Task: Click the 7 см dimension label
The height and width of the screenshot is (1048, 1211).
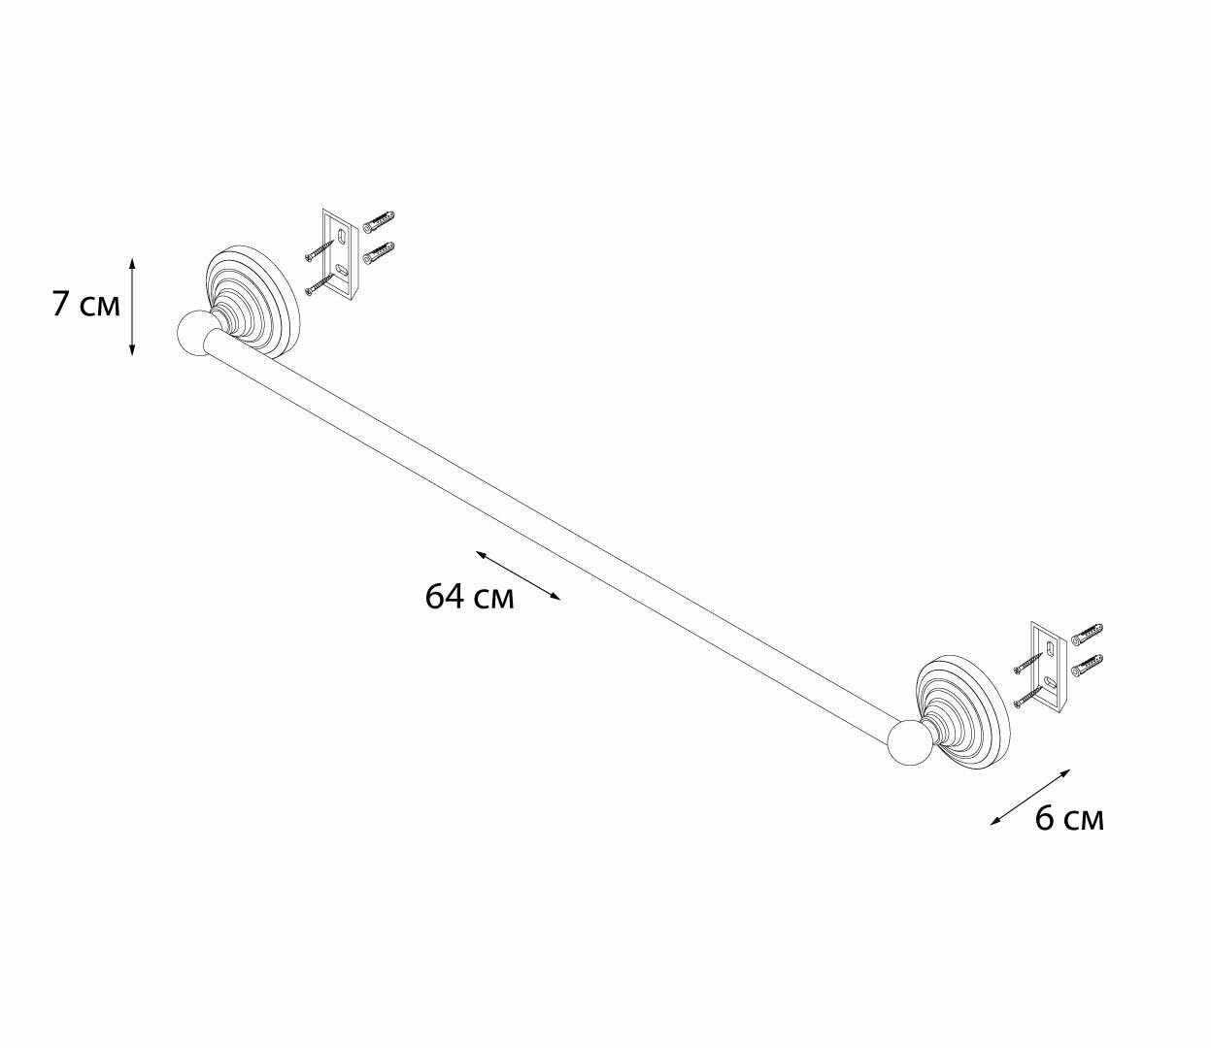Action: [x=86, y=305]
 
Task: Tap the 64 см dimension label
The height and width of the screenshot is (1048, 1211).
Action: [x=469, y=597]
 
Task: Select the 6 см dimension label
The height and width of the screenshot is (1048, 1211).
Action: [x=1069, y=819]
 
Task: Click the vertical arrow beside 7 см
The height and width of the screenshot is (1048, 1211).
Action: [x=132, y=307]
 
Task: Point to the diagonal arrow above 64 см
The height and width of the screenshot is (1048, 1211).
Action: [x=518, y=575]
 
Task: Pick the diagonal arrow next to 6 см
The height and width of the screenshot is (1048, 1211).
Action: [x=1029, y=798]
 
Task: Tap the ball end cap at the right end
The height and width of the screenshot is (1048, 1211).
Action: [x=910, y=744]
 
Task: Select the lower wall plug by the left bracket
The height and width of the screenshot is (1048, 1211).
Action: [x=379, y=253]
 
